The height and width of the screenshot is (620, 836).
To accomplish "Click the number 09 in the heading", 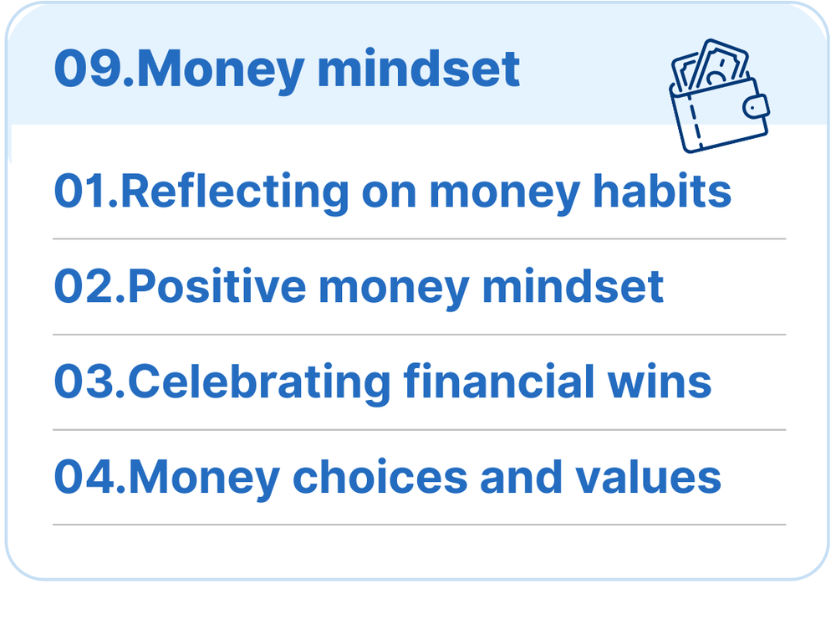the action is coord(88,69).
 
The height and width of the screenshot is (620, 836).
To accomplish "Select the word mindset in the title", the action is coord(419,69).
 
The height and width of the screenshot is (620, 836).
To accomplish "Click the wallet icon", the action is coord(719,96).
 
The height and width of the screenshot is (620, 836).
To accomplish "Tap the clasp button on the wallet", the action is coord(756,107).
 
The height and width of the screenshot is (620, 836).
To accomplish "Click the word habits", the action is coord(661,190).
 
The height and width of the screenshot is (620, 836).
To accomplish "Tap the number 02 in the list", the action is coord(84,286).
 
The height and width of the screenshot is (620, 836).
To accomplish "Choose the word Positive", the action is coord(217,285).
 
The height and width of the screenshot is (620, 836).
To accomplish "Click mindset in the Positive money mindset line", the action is coord(573,285).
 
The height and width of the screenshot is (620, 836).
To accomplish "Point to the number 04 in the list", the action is coord(84,476).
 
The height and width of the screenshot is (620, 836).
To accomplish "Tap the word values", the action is coord(648,476).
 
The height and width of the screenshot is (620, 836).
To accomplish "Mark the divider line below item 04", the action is coord(419,525).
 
